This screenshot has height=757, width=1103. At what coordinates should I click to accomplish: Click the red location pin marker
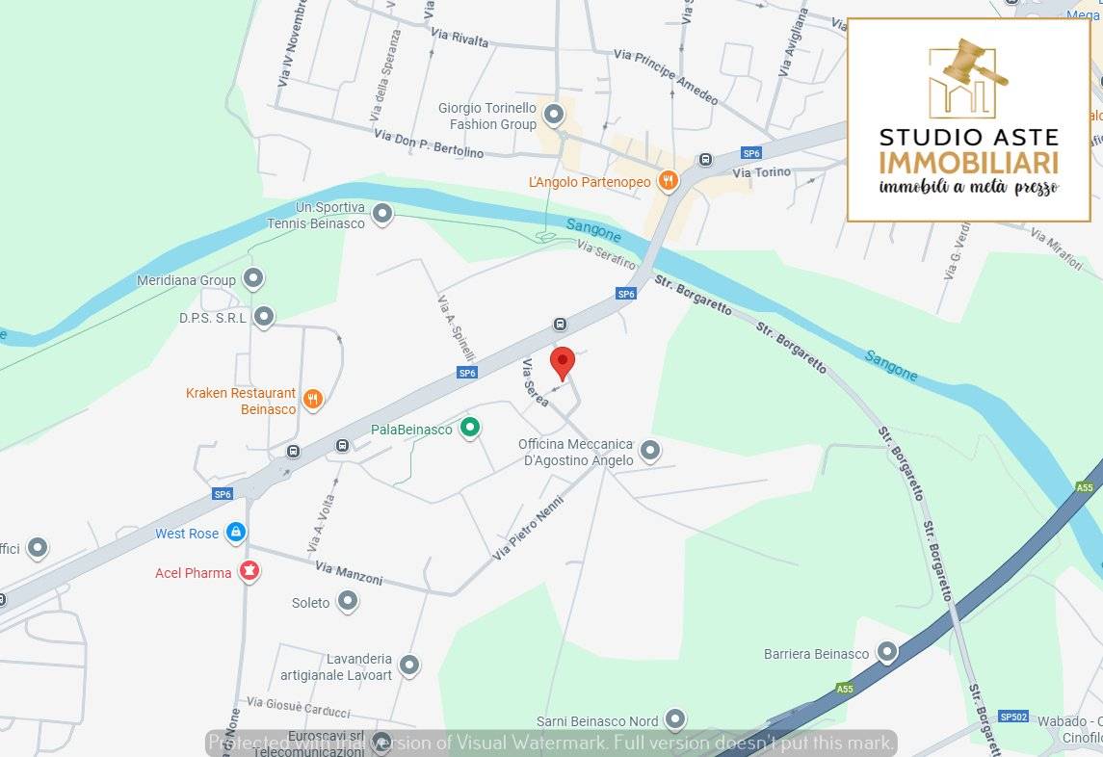pyautogui.click(x=563, y=363)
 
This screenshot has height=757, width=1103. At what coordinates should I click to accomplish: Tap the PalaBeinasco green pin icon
pyautogui.click(x=469, y=428)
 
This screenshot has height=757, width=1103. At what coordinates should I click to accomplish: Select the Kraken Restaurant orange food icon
pyautogui.click(x=312, y=400)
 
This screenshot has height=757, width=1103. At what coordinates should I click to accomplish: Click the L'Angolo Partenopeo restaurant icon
pyautogui.click(x=668, y=180)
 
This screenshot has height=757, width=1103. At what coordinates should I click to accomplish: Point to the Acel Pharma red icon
pyautogui.click(x=249, y=572)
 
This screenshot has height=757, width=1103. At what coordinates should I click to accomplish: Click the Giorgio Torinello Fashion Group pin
pyautogui.click(x=553, y=116)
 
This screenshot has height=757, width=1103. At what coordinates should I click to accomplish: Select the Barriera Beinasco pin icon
pyautogui.click(x=886, y=653)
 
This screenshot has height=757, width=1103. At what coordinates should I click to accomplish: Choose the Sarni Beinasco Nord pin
pyautogui.click(x=675, y=719)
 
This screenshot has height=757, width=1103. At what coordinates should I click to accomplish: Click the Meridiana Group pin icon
pyautogui.click(x=253, y=279)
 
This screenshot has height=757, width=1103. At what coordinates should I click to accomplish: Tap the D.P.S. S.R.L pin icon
pyautogui.click(x=263, y=316)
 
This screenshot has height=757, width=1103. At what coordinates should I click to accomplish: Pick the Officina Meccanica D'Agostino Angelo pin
pyautogui.click(x=650, y=450)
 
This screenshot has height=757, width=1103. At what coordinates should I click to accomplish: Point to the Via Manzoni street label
pyautogui.click(x=348, y=574)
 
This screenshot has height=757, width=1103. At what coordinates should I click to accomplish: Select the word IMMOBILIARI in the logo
pyautogui.click(x=968, y=162)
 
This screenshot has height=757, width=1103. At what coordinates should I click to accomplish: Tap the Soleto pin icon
pyautogui.click(x=348, y=602)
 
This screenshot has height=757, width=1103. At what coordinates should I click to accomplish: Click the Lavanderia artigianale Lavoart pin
pyautogui.click(x=409, y=665)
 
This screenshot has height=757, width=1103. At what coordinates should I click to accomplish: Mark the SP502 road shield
pyautogui.click(x=1013, y=717)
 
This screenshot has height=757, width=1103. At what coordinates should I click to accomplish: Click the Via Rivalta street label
pyautogui.click(x=460, y=39)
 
